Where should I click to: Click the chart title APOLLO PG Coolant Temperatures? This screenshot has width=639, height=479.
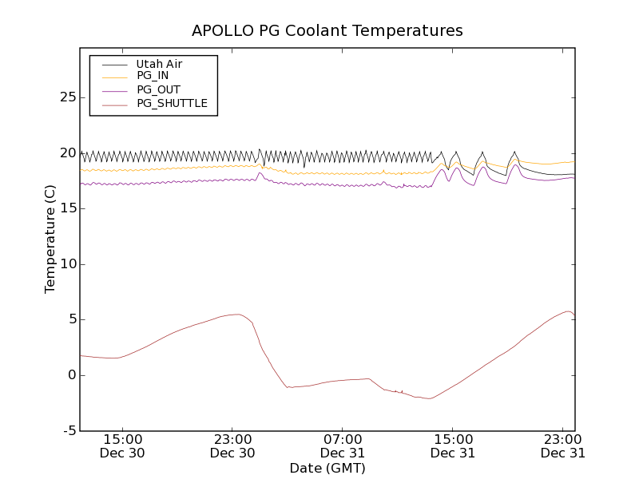point(327,31)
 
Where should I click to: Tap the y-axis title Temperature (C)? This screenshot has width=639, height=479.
point(50,239)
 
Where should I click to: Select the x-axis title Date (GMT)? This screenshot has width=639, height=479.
point(327,468)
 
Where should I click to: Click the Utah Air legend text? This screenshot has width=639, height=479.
point(159,64)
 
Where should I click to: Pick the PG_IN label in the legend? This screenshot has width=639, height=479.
point(153,76)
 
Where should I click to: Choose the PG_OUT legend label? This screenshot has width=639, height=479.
point(158,89)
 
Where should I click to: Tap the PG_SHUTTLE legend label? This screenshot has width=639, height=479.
point(172,103)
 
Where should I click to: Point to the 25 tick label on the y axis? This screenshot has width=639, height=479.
point(67,97)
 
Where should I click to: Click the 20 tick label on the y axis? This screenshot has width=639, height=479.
point(67,153)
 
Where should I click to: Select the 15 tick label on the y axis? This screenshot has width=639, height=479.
point(67,208)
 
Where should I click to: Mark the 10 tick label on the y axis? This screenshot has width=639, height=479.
point(67,264)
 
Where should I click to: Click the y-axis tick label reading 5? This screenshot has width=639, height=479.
point(71,319)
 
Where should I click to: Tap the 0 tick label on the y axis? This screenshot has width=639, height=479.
point(71,375)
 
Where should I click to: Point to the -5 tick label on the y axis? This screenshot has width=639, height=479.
point(69,431)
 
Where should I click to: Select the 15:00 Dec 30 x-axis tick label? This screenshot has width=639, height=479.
point(122,445)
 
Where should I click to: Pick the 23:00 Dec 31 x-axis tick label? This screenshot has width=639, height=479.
point(563,445)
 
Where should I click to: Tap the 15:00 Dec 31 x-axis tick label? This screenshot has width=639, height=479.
point(453,445)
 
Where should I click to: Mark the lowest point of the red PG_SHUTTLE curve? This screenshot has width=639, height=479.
point(429,398)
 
